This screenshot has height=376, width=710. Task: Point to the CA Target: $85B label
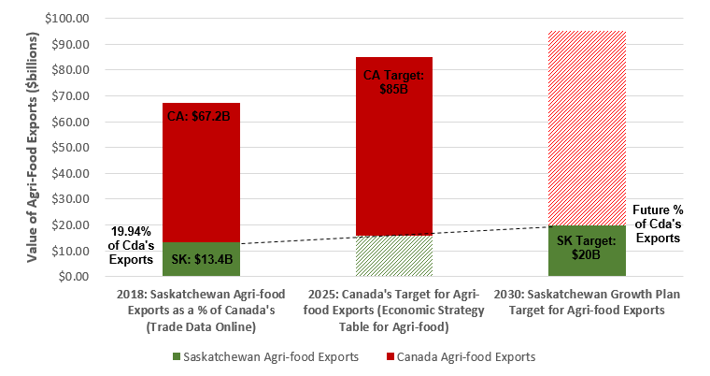393,81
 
